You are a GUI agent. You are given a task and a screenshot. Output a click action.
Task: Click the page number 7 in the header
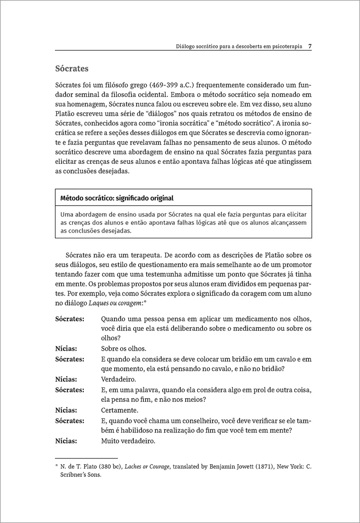click(309, 45)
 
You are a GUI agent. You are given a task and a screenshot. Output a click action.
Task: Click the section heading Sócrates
click(72, 69)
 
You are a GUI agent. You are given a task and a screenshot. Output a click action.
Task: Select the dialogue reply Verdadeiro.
click(118, 379)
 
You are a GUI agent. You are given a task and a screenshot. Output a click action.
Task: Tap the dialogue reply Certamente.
click(119, 410)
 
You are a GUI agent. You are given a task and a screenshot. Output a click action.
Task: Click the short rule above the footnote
click(86, 458)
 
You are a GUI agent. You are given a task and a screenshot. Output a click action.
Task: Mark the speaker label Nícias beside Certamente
click(66, 410)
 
